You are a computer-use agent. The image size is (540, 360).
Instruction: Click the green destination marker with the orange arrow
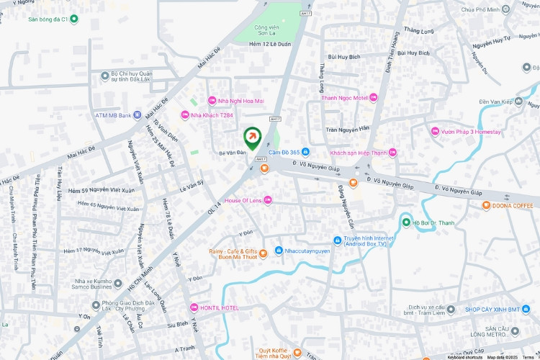(x=253, y=136)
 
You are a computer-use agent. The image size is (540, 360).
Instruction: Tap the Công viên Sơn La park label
(x=267, y=32)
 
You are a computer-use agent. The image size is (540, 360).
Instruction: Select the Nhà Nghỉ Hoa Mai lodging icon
(x=212, y=101)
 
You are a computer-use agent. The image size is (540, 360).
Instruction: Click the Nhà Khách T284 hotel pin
(x=184, y=115)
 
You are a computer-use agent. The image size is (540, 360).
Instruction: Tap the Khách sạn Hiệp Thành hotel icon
(x=392, y=152)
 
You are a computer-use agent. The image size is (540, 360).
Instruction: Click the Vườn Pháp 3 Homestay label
(x=467, y=131)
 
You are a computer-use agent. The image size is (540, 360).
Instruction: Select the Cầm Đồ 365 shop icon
(x=305, y=152)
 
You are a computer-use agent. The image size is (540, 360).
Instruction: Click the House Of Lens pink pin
(x=268, y=199)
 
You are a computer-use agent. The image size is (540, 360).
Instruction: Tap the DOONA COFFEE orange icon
(x=487, y=205)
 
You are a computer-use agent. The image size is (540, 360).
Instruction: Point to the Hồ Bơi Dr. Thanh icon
(x=406, y=222)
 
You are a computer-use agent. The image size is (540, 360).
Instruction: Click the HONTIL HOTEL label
(x=219, y=307)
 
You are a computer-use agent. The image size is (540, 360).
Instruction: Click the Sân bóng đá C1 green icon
(x=22, y=19)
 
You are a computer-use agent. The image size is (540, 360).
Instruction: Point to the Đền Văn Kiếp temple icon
(x=518, y=102)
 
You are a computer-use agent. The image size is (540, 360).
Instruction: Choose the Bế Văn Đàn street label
(x=232, y=153)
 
